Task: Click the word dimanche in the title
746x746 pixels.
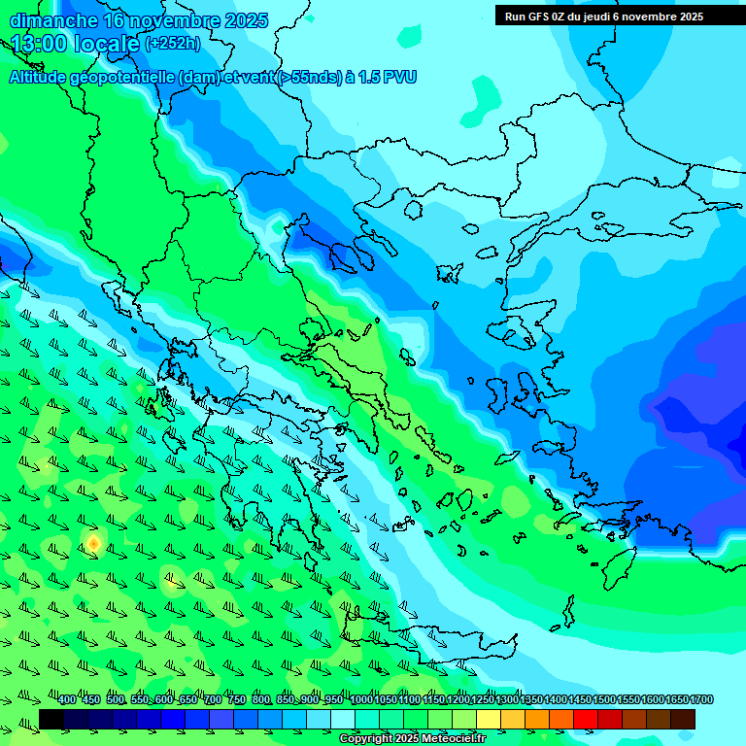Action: (x=53, y=20)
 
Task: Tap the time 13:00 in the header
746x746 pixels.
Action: (x=40, y=44)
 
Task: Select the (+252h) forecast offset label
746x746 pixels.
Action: (x=173, y=44)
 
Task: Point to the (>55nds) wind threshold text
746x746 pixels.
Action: (x=309, y=77)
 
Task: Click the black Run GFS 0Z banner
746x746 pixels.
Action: (x=603, y=16)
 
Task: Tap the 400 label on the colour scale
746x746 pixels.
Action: (x=67, y=699)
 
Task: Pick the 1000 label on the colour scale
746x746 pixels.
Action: (x=360, y=699)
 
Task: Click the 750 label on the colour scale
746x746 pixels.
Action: (x=237, y=699)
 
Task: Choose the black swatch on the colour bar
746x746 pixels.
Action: (x=51, y=719)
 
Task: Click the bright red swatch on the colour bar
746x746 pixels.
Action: (x=586, y=719)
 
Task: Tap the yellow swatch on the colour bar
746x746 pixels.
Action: (x=489, y=719)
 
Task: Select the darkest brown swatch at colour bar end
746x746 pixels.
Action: (x=683, y=719)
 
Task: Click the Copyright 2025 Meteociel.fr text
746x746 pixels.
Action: (x=412, y=738)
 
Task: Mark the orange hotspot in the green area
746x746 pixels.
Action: (x=93, y=542)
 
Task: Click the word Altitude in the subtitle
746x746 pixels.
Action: (x=39, y=77)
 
